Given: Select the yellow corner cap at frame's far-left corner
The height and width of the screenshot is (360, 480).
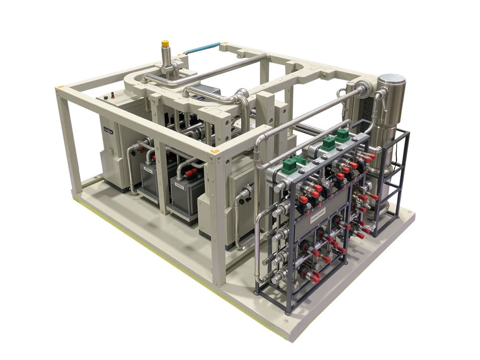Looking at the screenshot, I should coord(60,88).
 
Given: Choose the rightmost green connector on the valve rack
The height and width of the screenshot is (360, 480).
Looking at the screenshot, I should coord(342,134).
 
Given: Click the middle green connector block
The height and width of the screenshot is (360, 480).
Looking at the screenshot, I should coord(328,143).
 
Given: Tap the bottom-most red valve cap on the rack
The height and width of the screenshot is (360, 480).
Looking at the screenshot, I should coord(314,277).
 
